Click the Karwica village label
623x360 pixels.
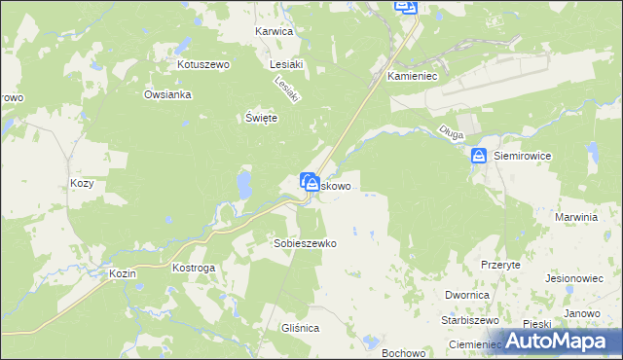[274, 31]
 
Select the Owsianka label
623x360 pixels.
[167, 94]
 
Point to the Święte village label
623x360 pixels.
[261, 118]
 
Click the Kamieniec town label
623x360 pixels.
[416, 75]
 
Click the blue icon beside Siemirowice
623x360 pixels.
[479, 155]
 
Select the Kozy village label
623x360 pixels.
[82, 183]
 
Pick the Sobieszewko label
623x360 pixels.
[305, 243]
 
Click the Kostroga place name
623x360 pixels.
[193, 267]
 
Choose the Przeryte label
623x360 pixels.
[500, 264]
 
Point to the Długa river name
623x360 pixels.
[450, 135]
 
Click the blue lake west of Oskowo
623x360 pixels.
[242, 183]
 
